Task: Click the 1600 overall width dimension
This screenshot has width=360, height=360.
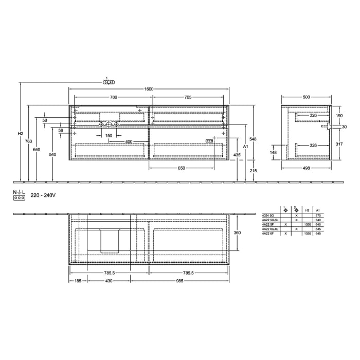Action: click(x=149, y=89)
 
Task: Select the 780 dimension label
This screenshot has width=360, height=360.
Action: click(x=113, y=97)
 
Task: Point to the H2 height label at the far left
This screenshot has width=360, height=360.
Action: click(x=21, y=134)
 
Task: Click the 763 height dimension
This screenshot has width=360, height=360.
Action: click(x=29, y=141)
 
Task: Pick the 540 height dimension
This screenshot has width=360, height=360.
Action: click(x=52, y=154)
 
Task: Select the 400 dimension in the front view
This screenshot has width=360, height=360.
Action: click(x=129, y=141)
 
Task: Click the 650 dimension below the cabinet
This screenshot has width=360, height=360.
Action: click(x=182, y=168)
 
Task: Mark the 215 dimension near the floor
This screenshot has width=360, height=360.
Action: click(x=253, y=170)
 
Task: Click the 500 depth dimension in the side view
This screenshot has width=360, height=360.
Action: click(x=307, y=97)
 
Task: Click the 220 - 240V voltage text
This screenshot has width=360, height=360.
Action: click(x=43, y=196)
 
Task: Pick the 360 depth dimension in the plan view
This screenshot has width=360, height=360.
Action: click(x=238, y=232)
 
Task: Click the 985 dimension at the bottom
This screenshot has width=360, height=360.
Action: click(x=179, y=281)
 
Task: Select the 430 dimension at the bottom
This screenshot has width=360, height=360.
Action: click(x=109, y=281)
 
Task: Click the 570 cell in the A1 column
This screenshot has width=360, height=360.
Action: click(x=318, y=215)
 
